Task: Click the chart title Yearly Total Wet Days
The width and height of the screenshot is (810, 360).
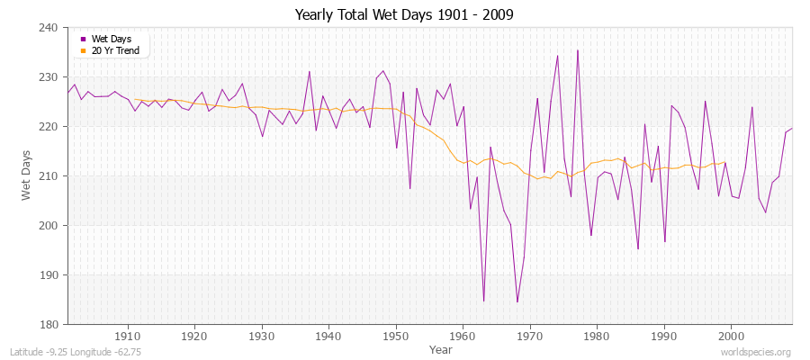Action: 405,15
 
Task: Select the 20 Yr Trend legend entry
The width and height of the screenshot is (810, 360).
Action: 114,50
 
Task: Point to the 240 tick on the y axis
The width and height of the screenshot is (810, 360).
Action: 50,28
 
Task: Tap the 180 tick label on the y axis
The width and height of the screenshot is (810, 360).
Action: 50,324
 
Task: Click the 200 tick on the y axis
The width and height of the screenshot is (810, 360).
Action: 50,225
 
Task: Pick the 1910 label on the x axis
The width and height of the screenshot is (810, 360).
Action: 127,337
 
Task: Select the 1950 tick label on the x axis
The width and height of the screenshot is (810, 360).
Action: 395,337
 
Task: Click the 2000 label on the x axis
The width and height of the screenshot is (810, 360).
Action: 731,337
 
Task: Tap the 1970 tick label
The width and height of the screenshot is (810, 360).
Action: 529,337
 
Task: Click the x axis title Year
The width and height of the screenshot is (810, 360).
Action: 441,349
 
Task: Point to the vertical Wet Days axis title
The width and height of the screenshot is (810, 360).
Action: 26,175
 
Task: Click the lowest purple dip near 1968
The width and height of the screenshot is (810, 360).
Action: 517,301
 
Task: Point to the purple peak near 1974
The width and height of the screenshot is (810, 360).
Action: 557,56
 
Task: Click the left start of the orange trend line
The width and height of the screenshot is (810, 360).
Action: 134,99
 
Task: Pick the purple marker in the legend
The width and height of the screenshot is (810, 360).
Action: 84,40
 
